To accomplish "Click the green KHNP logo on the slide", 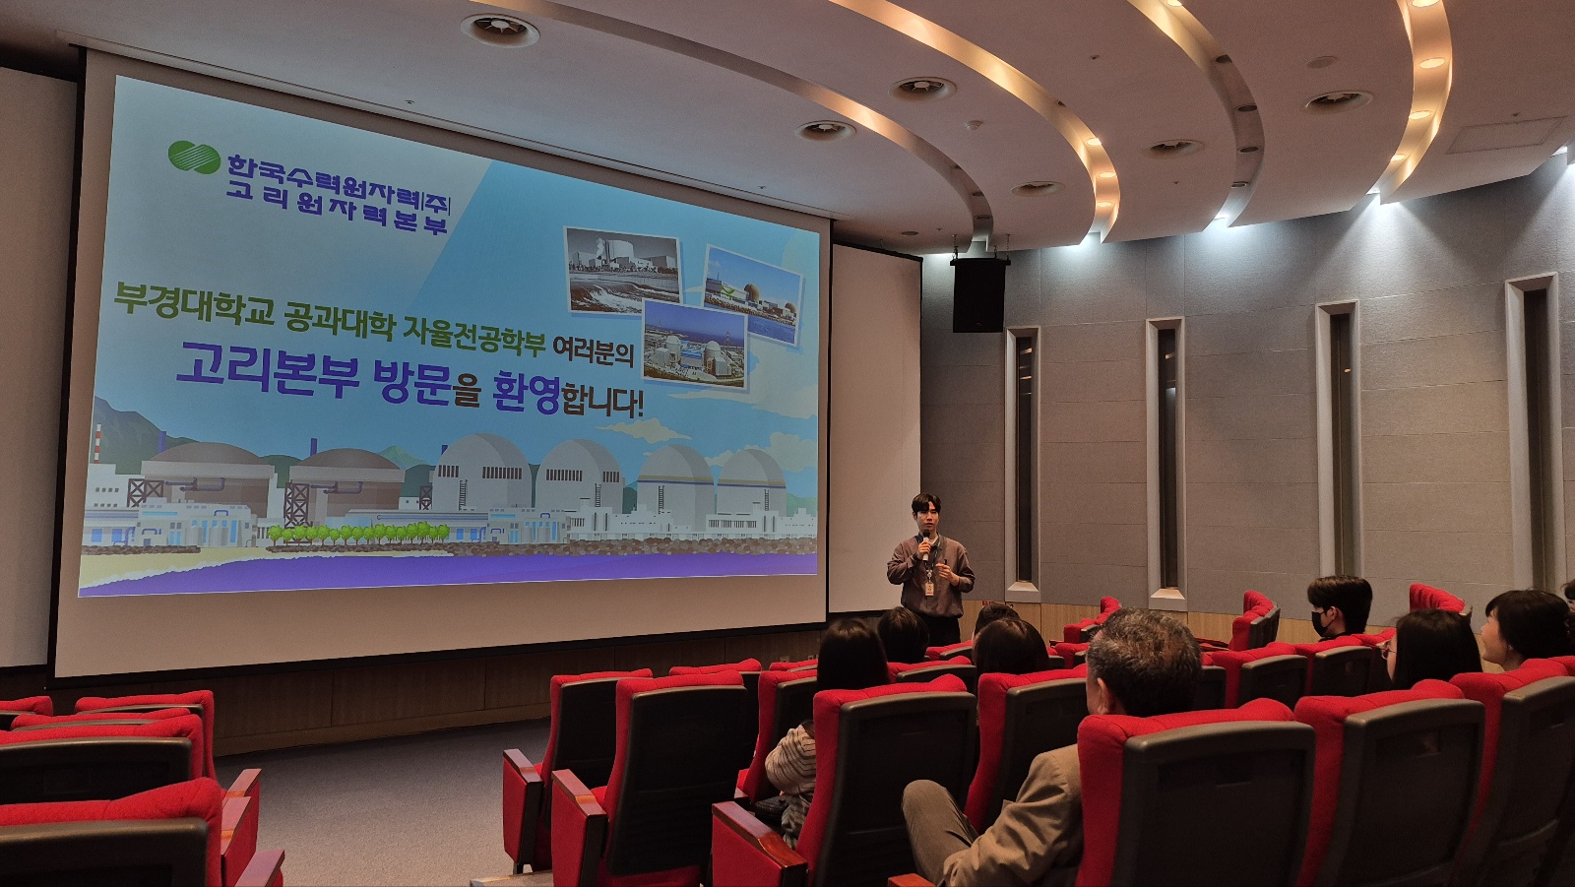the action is pos(194,157).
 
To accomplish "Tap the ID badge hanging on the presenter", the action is pos(929,587).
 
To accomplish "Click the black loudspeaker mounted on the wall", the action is pos(979,294).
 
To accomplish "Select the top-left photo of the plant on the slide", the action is pos(623,270).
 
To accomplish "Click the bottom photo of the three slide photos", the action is pos(695,345).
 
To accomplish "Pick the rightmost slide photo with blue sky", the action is pos(752,294).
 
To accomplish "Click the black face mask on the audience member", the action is pos(1320,622).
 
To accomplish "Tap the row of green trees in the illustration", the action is pos(358,533).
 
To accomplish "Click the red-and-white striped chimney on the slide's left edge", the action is pos(96,442).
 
